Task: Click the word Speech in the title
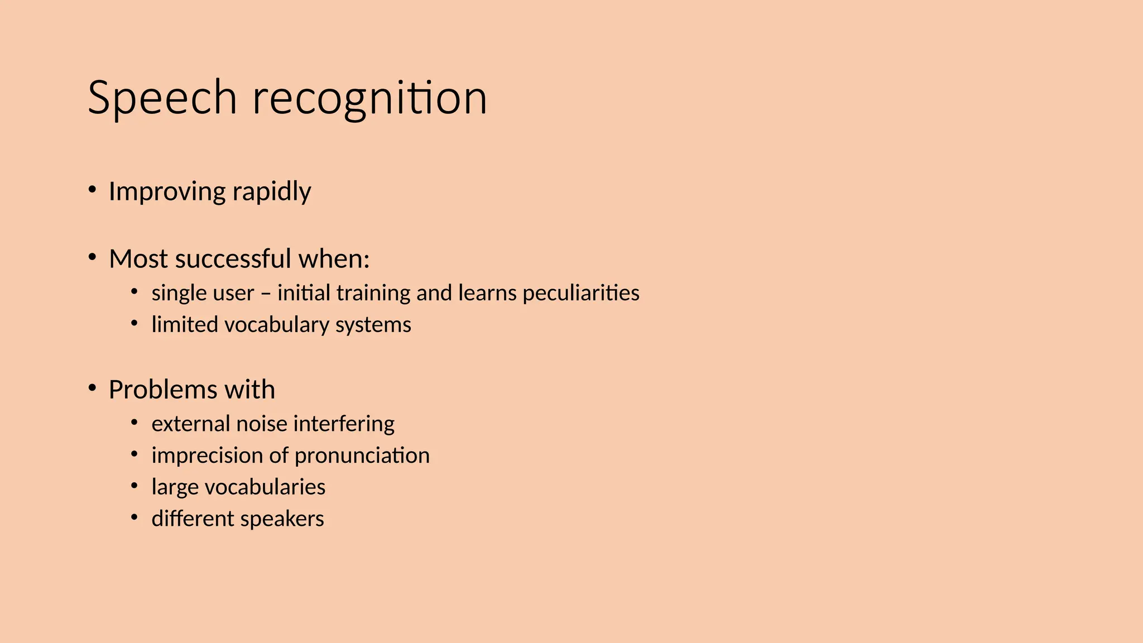[x=162, y=98]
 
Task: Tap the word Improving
[x=167, y=191]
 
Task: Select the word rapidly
[x=272, y=191]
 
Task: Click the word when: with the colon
[x=334, y=259]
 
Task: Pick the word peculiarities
[x=581, y=293]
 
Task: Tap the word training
[x=374, y=293]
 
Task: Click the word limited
[x=185, y=325]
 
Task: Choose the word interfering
[x=344, y=424]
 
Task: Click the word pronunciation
[x=362, y=455]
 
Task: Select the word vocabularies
[x=265, y=487]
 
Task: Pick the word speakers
[x=282, y=519]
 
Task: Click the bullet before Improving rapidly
[x=93, y=189]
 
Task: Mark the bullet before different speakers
[x=135, y=517]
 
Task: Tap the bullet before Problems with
[x=93, y=387]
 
